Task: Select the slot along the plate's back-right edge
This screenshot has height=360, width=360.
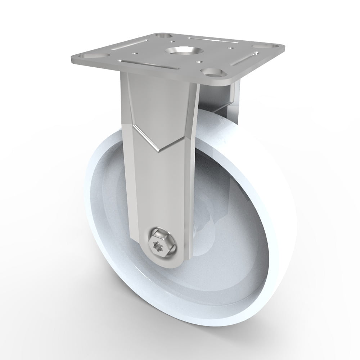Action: click(x=212, y=39)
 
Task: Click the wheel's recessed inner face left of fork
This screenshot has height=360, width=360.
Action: click(x=108, y=216)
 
